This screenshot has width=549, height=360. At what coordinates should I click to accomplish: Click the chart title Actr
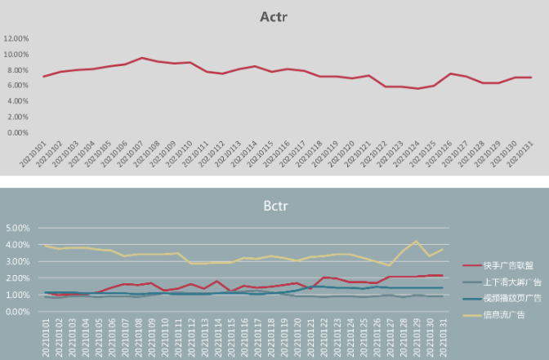pyautogui.click(x=274, y=17)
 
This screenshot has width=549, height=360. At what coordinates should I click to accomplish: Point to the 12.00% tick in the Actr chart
pyautogui.click(x=17, y=38)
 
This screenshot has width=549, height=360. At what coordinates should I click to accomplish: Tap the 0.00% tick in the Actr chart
pyautogui.click(x=18, y=132)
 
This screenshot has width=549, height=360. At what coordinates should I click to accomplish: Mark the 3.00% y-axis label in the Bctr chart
pyautogui.click(x=18, y=261)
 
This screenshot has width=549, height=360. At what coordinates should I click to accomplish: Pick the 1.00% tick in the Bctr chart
pyautogui.click(x=18, y=295)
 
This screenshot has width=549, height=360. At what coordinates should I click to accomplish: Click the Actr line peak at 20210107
pyautogui.click(x=141, y=58)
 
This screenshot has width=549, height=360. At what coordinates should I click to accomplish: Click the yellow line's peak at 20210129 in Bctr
pyautogui.click(x=417, y=241)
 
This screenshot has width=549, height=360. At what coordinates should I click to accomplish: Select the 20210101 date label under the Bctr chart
pyautogui.click(x=47, y=335)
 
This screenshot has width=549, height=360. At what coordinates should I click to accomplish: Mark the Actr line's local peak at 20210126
pyautogui.click(x=450, y=73)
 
